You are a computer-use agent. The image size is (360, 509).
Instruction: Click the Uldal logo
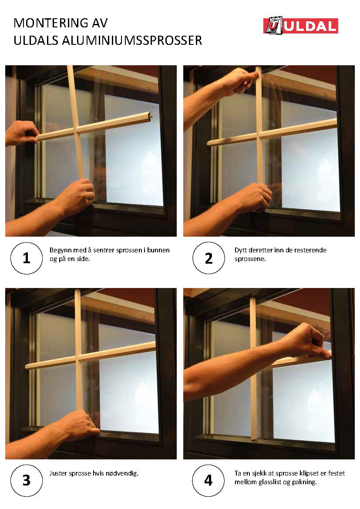pos(300,25)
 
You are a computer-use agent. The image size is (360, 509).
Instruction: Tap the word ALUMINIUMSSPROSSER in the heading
pos(132,40)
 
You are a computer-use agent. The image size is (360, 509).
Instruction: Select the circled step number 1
pos(26,258)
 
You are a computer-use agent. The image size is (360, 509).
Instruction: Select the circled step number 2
pos(209,258)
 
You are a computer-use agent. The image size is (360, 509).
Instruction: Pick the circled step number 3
pos(26,480)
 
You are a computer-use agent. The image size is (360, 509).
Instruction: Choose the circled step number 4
pos(208,480)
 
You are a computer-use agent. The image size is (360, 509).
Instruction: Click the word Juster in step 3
pos(57,473)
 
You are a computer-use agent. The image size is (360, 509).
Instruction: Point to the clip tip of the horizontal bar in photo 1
pos(151,115)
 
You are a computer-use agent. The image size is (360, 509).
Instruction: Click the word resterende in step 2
pos(310,250)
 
